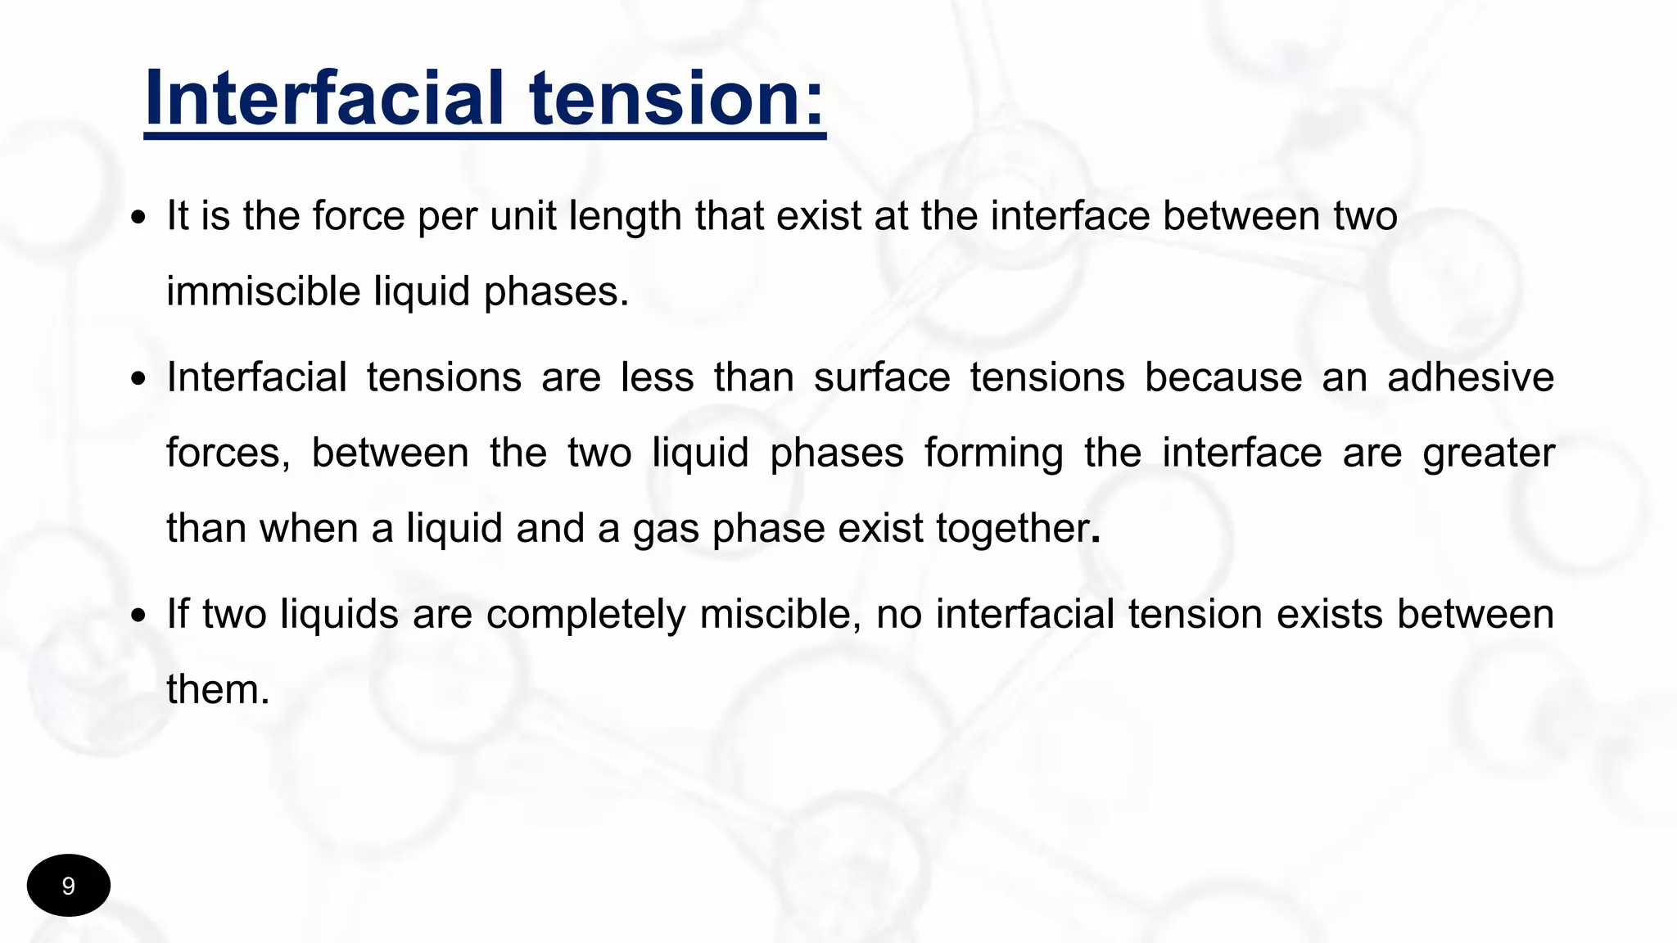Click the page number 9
[x=69, y=886]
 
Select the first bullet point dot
[x=139, y=219]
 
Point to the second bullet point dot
[x=139, y=380]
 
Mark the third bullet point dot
[x=139, y=616]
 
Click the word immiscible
[x=263, y=291]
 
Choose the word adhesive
[x=1471, y=377]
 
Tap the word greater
[x=1489, y=453]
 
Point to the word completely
[x=585, y=614]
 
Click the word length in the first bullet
[x=626, y=217]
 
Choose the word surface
[x=882, y=377]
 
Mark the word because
[x=1223, y=377]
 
